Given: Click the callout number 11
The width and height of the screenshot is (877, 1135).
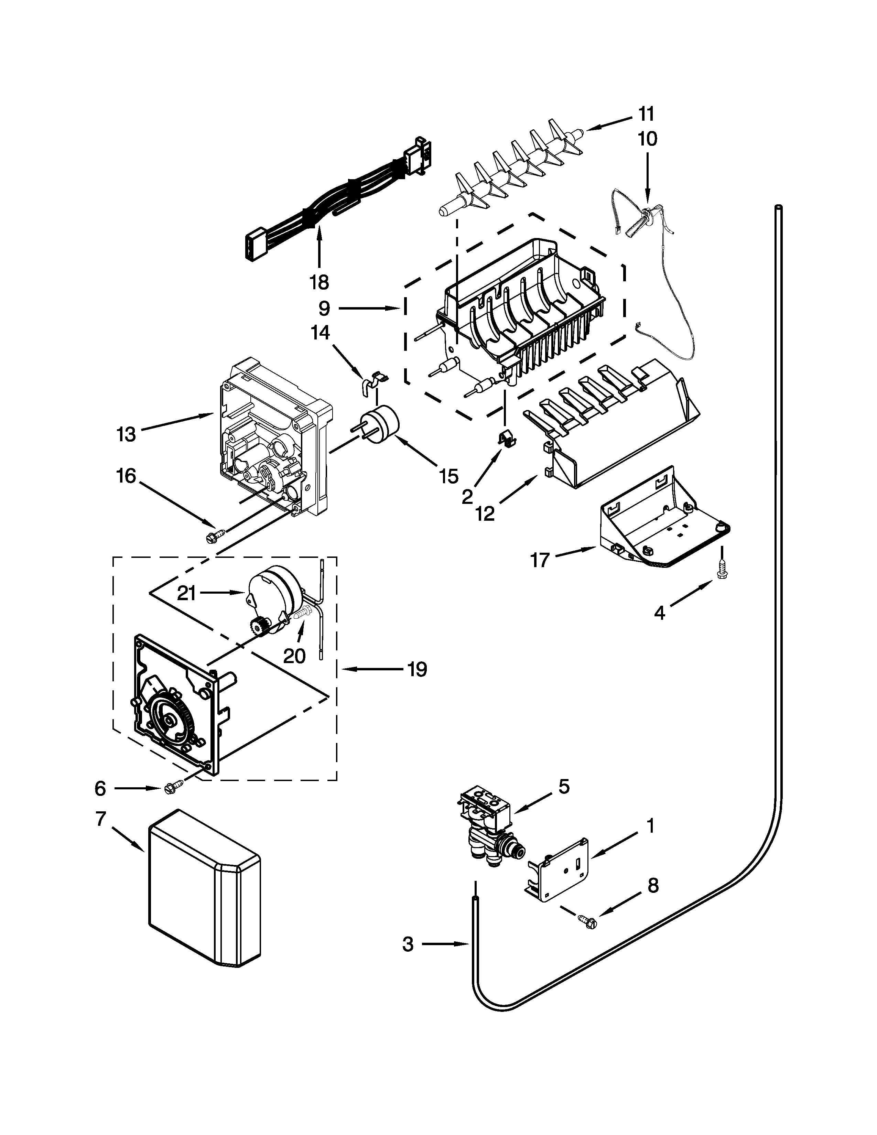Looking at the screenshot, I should [646, 113].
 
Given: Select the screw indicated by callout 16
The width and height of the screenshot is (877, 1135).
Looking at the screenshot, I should [215, 535].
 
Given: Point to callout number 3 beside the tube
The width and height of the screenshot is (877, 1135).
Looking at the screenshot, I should [408, 944].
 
